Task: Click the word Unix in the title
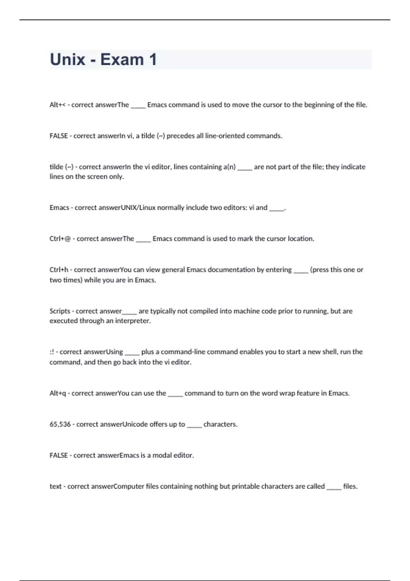coord(68,59)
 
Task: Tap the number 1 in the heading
coord(153,59)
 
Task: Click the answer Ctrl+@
coord(60,239)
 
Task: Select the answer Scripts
coord(60,311)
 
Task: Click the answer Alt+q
coord(57,393)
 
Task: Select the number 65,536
coord(60,424)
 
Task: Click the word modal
coord(162,456)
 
